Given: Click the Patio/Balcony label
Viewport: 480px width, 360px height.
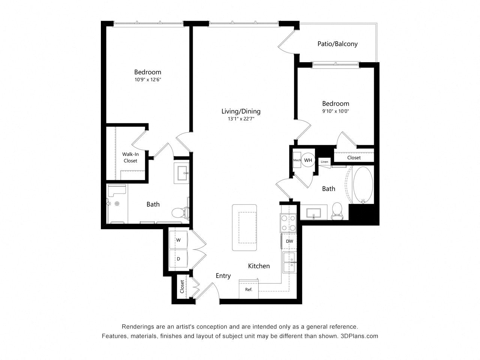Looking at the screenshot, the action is tap(337, 44).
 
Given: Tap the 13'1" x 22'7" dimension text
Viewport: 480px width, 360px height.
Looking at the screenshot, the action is tap(241, 119).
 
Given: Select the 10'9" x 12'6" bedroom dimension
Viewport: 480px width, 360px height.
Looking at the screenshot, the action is tap(148, 79).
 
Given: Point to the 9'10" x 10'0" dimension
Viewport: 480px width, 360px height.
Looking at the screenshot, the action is tap(336, 111).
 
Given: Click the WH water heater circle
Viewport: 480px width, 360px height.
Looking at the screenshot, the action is tap(308, 160).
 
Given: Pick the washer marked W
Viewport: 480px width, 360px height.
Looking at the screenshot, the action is tap(178, 240).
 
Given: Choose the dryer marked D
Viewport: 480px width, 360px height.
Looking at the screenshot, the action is tap(178, 258).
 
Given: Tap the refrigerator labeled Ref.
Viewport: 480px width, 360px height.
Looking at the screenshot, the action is tap(249, 289).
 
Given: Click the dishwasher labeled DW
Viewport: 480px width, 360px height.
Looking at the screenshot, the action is tap(289, 241).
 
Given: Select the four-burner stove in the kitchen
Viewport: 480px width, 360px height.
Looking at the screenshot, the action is tap(288, 223).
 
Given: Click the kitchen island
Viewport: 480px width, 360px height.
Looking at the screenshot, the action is tap(244, 227).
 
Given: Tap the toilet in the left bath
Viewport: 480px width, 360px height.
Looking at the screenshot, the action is tap(180, 213).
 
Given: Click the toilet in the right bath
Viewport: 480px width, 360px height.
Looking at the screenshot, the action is tap(337, 211).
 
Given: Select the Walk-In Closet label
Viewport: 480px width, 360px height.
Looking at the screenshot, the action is tap(130, 157).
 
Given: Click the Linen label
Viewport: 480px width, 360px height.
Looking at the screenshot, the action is tap(324, 162).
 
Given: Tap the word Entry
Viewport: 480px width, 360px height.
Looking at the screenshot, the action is tap(223, 276).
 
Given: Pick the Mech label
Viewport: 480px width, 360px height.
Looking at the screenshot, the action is tap(297, 160).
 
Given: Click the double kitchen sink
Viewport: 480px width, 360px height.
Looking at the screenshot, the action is tap(289, 262).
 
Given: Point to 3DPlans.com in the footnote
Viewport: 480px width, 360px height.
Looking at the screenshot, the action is tap(359, 336).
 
